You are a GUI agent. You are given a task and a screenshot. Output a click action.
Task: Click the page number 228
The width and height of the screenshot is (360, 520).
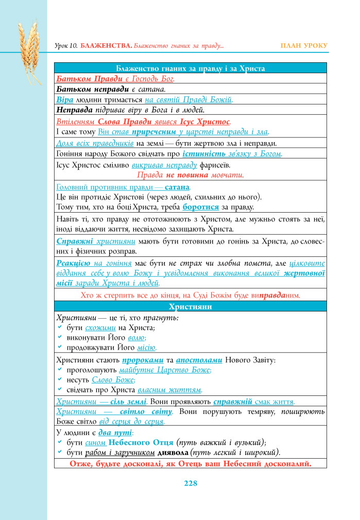[190, 483]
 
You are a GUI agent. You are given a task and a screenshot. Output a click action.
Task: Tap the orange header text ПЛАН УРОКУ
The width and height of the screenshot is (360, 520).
[304, 46]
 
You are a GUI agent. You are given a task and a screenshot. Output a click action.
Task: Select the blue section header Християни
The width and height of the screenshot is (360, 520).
[190, 307]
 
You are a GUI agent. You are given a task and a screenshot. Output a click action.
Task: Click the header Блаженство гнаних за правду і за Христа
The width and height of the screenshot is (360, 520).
[190, 68]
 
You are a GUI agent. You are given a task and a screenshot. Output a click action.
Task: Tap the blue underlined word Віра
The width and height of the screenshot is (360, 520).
[64, 100]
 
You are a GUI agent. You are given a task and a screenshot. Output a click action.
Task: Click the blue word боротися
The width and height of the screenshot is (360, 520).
[199, 207]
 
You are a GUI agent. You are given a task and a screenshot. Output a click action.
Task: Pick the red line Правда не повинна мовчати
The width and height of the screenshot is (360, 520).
[190, 175]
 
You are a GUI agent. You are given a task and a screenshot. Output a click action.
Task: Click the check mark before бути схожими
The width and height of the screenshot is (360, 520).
[60, 327]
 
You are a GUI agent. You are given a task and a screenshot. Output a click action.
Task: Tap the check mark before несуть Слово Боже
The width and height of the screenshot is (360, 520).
[60, 380]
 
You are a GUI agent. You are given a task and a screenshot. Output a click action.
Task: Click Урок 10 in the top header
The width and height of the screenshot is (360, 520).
[65, 46]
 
